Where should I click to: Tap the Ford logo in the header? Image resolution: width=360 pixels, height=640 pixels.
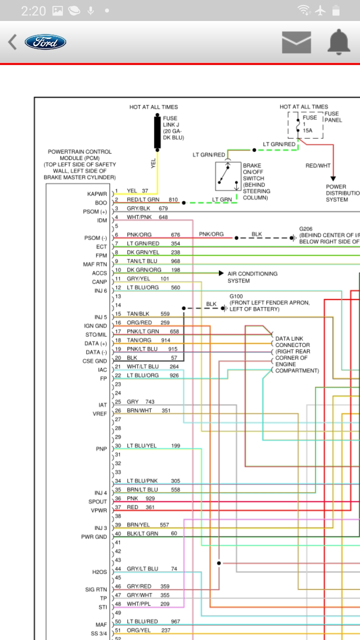point(45,42)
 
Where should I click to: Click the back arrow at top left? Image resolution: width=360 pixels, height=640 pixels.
point(12,42)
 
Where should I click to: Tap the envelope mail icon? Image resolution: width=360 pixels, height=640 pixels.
point(296,42)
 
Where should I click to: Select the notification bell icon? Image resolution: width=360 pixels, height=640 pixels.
point(339,41)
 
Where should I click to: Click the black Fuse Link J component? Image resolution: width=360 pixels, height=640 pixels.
point(157,132)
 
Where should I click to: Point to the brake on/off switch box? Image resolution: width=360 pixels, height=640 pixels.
point(228,176)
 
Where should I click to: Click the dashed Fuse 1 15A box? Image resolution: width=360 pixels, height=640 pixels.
point(305,125)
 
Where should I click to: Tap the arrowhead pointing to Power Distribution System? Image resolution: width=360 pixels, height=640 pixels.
point(333,178)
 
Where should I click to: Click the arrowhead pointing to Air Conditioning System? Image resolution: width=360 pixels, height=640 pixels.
point(221,273)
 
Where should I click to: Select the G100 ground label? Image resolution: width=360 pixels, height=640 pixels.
point(236,296)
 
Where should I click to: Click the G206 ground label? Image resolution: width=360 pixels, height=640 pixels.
point(305,229)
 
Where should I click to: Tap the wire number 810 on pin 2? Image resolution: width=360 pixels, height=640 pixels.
point(173,199)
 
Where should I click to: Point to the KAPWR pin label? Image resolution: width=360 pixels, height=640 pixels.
point(97,194)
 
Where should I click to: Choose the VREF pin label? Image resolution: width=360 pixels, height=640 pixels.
point(99,413)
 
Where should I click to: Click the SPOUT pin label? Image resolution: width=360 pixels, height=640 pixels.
point(97,501)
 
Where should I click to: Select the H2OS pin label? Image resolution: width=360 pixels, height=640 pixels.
point(99,572)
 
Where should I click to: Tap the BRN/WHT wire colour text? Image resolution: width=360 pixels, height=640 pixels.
point(139,410)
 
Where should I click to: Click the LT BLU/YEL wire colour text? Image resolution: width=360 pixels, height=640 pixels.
point(141,445)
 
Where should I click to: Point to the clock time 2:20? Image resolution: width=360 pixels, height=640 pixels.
point(33,11)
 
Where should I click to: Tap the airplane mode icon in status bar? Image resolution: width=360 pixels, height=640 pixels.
point(320,10)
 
